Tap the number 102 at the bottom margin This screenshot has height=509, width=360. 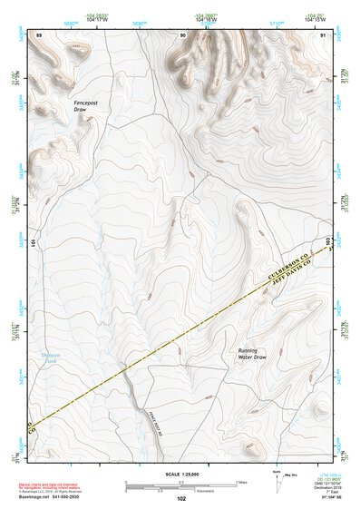coord(180,499)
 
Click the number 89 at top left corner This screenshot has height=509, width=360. coord(39,34)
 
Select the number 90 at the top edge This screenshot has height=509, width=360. coord(183,34)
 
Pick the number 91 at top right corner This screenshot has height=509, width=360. coord(324,34)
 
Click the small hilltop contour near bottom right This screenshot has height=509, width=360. coord(248,445)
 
